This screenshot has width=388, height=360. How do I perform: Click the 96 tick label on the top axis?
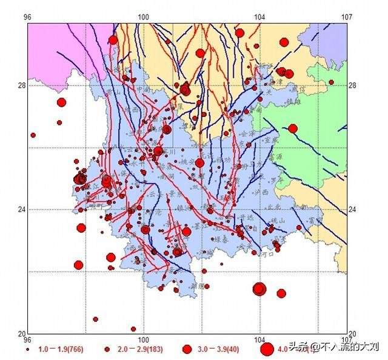point(27,17)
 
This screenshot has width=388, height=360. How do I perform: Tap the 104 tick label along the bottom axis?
point(260,340)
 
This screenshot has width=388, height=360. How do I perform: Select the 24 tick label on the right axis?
point(353,210)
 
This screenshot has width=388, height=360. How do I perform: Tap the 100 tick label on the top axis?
point(144,17)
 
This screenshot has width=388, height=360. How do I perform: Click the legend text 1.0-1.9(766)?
point(61,350)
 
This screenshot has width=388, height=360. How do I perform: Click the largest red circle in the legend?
point(267,349)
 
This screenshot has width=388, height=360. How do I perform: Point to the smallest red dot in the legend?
point(28,350)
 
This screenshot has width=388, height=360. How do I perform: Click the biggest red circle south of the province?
point(260,288)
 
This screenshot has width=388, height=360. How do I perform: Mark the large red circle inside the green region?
point(293,128)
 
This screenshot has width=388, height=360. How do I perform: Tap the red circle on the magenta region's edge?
point(113,40)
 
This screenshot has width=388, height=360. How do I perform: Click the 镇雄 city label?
point(294,102)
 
